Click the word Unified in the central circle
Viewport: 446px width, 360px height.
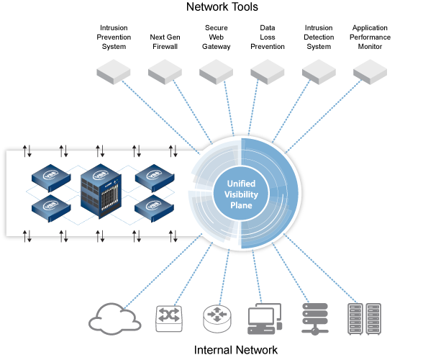[241, 184]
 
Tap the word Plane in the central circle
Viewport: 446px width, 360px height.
[241, 206]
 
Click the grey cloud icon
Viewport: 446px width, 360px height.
[114, 318]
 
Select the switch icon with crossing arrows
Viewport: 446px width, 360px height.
[169, 318]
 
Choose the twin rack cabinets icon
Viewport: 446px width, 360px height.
[363, 318]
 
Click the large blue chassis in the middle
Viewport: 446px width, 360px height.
[100, 191]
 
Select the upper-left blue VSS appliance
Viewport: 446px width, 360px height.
[50, 175]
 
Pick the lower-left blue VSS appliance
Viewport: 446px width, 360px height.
[50, 207]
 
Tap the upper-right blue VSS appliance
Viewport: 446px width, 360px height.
[155, 175]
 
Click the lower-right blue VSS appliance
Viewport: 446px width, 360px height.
[155, 207]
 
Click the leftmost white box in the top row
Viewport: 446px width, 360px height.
[114, 71]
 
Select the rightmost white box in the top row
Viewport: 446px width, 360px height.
[370, 71]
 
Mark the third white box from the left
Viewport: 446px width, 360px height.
[216, 71]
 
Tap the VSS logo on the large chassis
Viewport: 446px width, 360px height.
[99, 173]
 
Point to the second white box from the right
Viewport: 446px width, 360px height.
[319, 71]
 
